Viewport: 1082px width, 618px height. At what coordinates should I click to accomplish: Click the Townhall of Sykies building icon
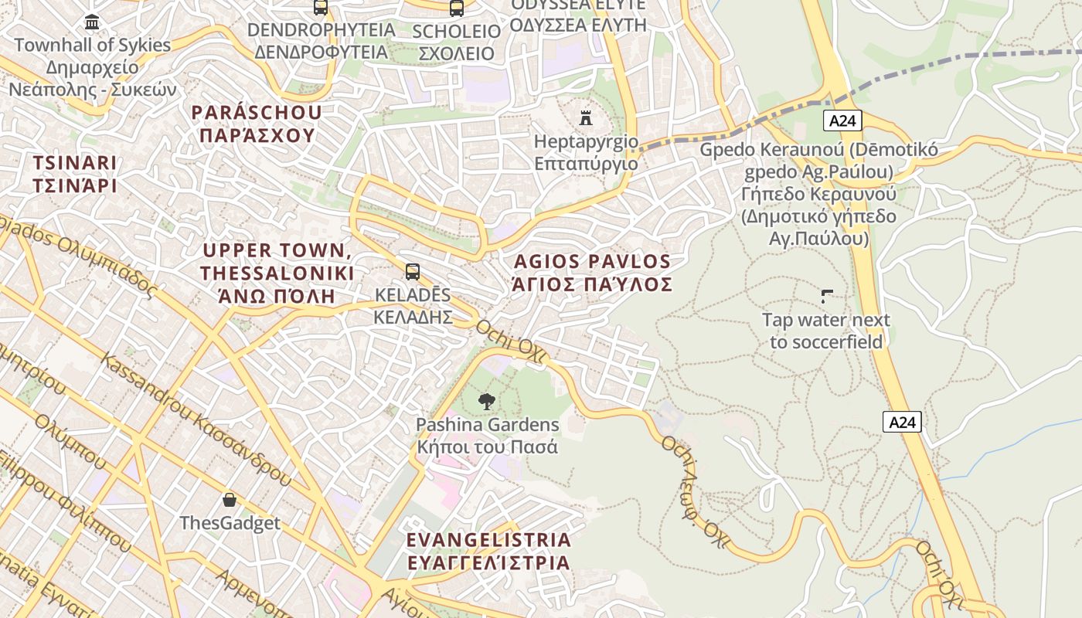92,22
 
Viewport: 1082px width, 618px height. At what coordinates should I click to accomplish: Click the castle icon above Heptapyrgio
586,118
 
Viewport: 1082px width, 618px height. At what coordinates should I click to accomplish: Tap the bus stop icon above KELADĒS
413,271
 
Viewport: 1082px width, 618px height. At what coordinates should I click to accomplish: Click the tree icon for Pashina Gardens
486,401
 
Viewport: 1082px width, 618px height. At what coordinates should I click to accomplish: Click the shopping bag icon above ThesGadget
230,500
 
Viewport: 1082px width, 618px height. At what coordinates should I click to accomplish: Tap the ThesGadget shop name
230,523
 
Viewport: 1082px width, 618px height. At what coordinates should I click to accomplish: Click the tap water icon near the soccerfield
826,295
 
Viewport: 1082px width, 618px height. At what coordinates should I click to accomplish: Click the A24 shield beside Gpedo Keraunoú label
842,120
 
